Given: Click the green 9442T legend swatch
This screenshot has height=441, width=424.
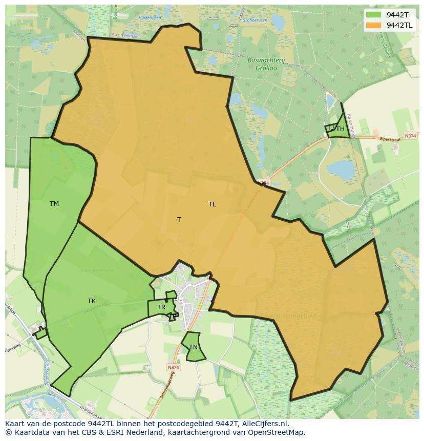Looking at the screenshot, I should (374, 15).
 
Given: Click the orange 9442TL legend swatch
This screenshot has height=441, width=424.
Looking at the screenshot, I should (374, 25).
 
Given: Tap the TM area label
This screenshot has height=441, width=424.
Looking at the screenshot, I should (54, 204).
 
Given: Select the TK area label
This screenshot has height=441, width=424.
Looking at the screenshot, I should (92, 301).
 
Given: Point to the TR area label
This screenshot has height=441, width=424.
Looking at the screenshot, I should (161, 307).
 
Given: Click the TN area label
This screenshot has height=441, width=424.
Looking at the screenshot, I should (193, 347).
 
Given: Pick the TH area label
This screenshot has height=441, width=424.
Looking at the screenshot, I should (341, 130).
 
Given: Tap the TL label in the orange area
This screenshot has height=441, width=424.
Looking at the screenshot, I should (212, 204).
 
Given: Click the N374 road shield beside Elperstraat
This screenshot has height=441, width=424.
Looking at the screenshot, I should (410, 136).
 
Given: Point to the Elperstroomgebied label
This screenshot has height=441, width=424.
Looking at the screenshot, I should (288, 316).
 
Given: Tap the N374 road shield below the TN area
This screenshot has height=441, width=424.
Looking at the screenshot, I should (173, 367).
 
